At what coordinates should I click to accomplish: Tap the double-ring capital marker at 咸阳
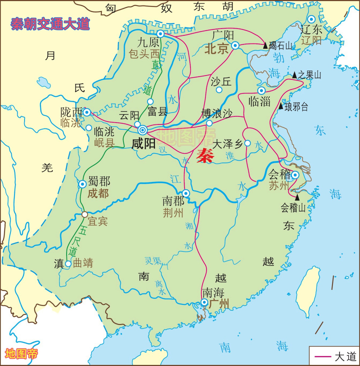tap(142, 130)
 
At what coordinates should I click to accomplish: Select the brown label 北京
tap(216, 49)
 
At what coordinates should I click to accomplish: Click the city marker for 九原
tap(160, 34)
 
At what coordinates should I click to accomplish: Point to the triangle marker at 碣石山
tap(266, 45)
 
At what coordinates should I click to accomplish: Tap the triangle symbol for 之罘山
tap(294, 75)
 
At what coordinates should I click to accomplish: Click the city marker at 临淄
tap(261, 90)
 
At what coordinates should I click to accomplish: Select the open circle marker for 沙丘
tap(219, 90)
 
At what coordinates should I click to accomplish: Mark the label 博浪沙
tap(217, 113)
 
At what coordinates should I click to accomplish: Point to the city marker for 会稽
tap(295, 175)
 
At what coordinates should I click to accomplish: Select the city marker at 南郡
tap(186, 193)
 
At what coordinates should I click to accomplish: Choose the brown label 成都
tap(98, 194)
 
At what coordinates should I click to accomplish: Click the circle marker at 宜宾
tap(85, 214)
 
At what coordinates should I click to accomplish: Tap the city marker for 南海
tap(204, 302)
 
